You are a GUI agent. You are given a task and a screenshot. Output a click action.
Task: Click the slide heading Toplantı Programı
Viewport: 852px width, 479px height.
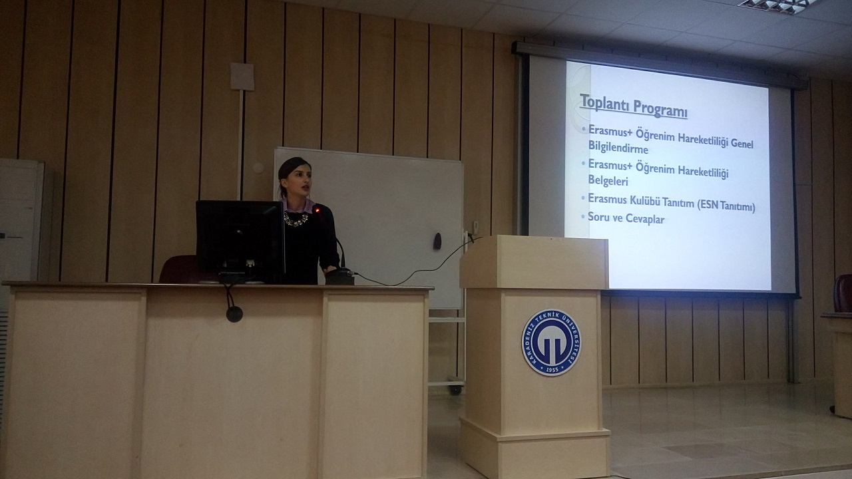(x=634, y=106)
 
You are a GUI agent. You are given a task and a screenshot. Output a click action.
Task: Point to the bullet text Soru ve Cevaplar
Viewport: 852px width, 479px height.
(x=626, y=219)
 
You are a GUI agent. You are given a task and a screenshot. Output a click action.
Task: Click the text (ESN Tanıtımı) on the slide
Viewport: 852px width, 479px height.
(x=726, y=206)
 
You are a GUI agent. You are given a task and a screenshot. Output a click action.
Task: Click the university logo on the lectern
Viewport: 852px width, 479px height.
(x=551, y=343)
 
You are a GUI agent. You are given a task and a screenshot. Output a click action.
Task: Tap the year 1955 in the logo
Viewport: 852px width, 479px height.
(x=552, y=369)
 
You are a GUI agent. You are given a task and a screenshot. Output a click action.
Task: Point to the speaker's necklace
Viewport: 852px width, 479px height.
(x=296, y=220)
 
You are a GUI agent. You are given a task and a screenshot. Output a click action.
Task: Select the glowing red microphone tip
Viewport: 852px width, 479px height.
(x=317, y=210)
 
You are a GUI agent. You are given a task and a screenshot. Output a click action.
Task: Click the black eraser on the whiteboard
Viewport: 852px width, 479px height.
(x=437, y=241)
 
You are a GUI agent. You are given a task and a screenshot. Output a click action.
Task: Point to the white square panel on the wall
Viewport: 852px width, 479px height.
(x=242, y=77)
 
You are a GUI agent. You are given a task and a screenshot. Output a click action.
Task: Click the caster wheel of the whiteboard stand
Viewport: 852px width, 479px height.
(x=455, y=390)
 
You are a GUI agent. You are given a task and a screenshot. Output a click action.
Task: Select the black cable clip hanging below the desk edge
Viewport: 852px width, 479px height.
(x=234, y=314)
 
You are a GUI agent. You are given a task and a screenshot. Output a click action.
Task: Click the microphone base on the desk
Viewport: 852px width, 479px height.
(x=339, y=276)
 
